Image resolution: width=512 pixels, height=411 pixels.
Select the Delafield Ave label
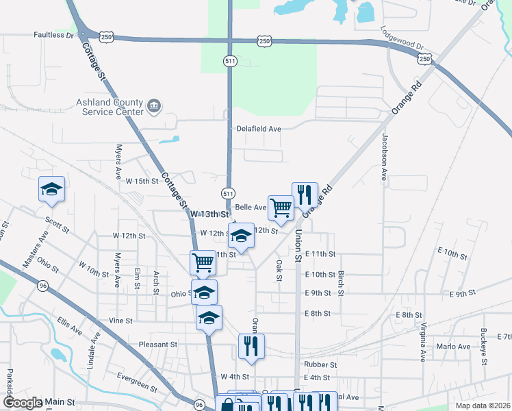coord(259,129)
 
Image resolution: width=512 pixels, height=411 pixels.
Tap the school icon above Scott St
coord(51,189)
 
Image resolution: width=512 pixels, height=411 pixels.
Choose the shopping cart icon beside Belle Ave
coord(281,207)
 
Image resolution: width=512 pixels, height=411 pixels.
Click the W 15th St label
coord(142,182)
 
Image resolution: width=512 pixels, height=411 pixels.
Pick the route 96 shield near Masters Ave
coord(43,286)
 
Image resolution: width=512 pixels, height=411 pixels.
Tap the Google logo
coord(22,403)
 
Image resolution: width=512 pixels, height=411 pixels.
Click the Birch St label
coord(341,279)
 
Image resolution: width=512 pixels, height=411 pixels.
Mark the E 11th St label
coord(320,254)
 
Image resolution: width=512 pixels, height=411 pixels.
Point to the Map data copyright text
coord(482,406)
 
